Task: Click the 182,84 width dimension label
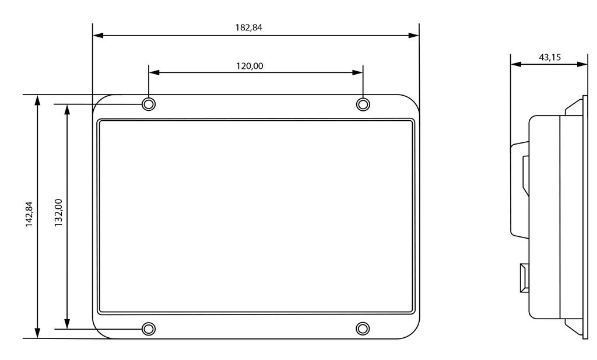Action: [248, 27]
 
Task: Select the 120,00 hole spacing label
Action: [250, 66]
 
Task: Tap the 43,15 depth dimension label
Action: [550, 57]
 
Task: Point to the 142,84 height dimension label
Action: [29, 214]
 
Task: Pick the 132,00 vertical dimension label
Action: [58, 213]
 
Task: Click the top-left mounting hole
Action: [149, 104]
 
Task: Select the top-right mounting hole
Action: [363, 104]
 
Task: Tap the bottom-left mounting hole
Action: [149, 328]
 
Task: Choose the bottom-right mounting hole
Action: [363, 328]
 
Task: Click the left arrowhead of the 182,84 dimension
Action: [98, 36]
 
